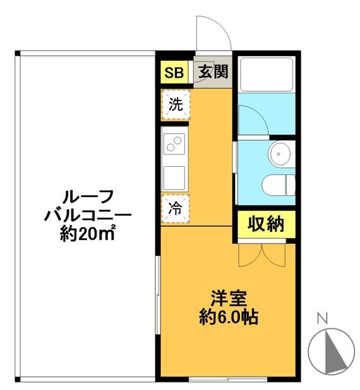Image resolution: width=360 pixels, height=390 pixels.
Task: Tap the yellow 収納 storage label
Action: [x=266, y=224]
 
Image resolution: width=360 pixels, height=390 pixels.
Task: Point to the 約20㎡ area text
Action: [x=88, y=235]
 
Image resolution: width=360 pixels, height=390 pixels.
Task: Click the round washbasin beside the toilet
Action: [x=279, y=152]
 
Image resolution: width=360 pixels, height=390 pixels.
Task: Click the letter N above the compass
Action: [x=321, y=319]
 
